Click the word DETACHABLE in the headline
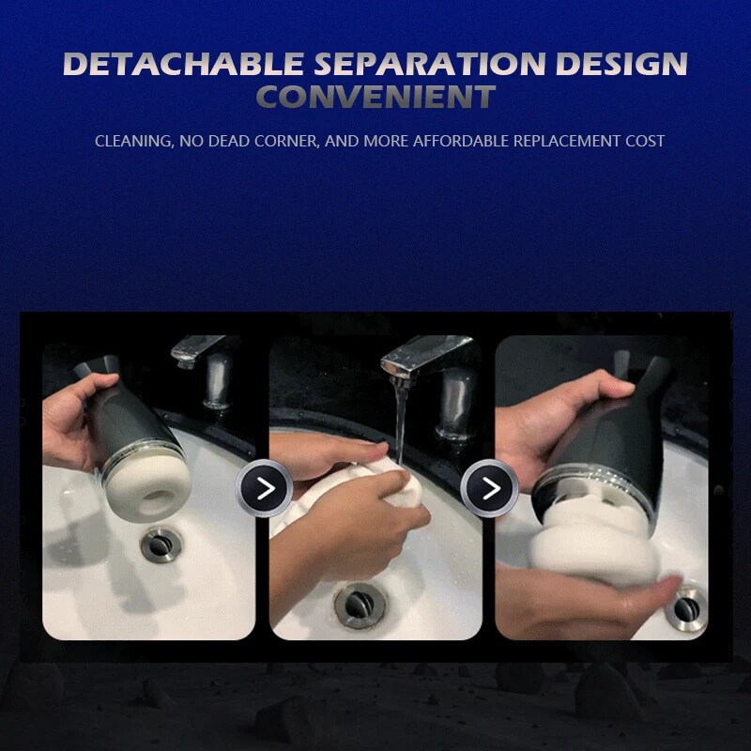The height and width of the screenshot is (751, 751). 183,64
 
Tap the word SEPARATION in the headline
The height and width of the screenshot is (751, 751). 430,64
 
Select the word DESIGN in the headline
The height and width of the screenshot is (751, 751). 621,64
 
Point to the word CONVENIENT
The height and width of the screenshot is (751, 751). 376,97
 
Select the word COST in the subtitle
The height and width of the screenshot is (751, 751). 645,141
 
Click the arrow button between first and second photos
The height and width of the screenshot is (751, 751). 264,488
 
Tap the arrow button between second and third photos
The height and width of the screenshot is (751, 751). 489,488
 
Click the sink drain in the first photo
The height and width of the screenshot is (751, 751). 161,544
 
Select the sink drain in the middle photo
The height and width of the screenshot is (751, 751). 360,605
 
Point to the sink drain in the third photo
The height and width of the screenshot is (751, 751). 687,608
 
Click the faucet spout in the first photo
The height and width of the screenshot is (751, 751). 196,348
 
